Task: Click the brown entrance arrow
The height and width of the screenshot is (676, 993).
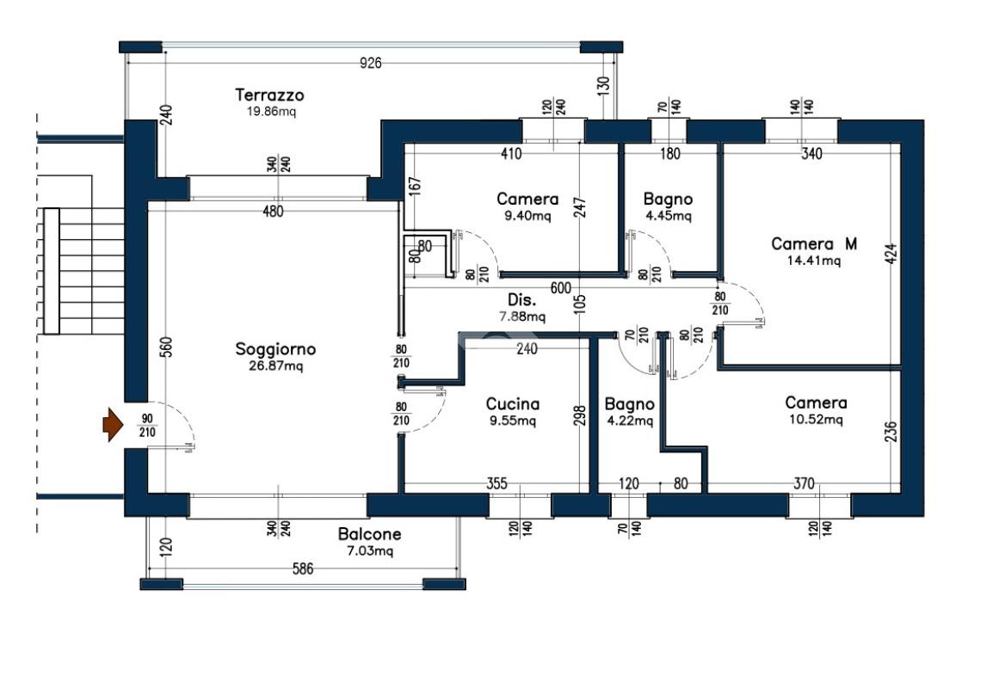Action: [113, 424]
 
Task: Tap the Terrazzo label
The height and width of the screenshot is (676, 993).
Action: [269, 95]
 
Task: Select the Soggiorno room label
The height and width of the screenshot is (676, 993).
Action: [275, 349]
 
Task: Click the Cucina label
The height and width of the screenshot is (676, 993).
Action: [512, 404]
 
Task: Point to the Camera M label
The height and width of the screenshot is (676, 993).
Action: [814, 243]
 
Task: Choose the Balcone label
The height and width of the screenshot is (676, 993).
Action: [369, 534]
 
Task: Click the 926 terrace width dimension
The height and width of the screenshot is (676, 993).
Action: [371, 63]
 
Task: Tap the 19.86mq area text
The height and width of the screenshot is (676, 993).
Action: [271, 112]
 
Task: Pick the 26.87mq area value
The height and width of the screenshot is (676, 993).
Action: [276, 366]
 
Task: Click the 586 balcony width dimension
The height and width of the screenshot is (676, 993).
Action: [303, 569]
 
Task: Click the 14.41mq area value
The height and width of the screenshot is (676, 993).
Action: [814, 261]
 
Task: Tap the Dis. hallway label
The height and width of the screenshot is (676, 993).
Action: [521, 300]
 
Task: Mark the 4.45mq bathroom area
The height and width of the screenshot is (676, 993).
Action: [668, 216]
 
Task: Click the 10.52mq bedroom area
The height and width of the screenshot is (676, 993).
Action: [816, 420]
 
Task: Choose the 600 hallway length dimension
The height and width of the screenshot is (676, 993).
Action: [560, 289]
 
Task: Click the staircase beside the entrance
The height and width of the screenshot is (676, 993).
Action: [83, 271]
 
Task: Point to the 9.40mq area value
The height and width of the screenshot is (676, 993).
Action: [527, 217]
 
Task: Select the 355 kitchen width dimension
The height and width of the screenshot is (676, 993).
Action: [497, 483]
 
